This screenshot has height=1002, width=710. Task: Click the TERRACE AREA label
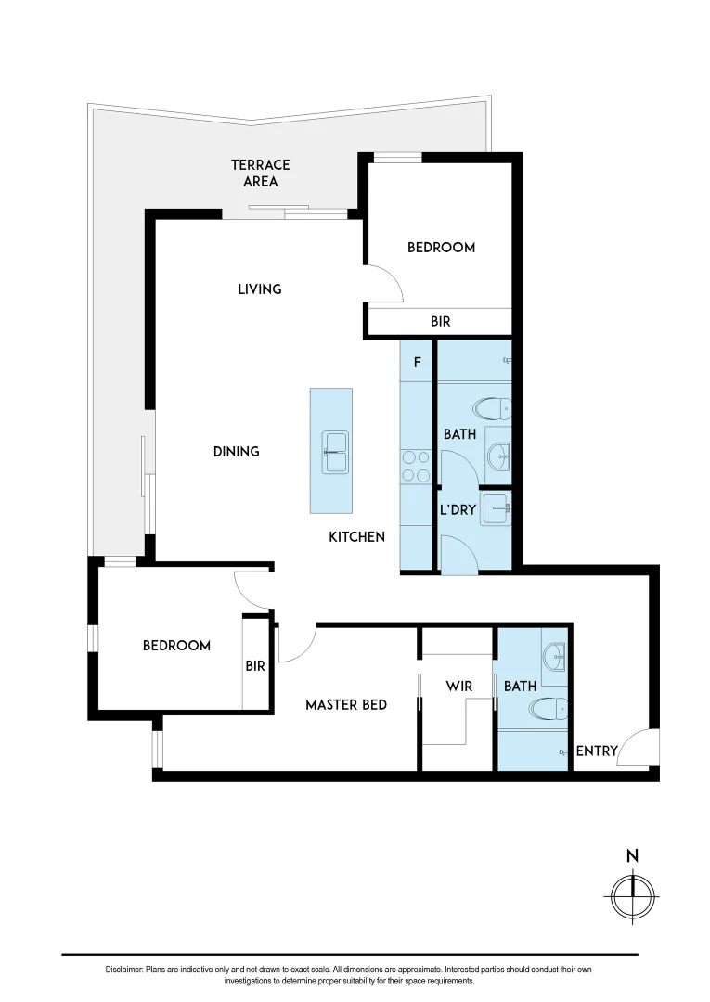pyautogui.click(x=260, y=173)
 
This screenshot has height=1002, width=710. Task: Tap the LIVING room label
pyautogui.click(x=259, y=289)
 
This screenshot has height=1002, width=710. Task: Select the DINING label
pyautogui.click(x=236, y=452)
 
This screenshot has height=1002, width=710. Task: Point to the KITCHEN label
pyautogui.click(x=356, y=536)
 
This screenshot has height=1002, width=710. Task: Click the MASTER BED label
pyautogui.click(x=346, y=705)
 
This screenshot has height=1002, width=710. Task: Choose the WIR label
pyautogui.click(x=459, y=687)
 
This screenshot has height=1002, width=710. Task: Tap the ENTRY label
pyautogui.click(x=597, y=751)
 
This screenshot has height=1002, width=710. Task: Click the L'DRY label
pyautogui.click(x=458, y=510)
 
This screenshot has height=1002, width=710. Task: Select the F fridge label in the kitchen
pyautogui.click(x=417, y=362)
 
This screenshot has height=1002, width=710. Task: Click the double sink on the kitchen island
pyautogui.click(x=335, y=453)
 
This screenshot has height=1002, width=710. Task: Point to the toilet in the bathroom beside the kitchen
pyautogui.click(x=491, y=409)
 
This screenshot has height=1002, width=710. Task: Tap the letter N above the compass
pyautogui.click(x=632, y=856)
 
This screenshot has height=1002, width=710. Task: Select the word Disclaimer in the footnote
pyautogui.click(x=123, y=970)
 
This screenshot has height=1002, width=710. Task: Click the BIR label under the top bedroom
pyautogui.click(x=441, y=322)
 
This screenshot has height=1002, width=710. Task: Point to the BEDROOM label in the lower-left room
pyautogui.click(x=176, y=646)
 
